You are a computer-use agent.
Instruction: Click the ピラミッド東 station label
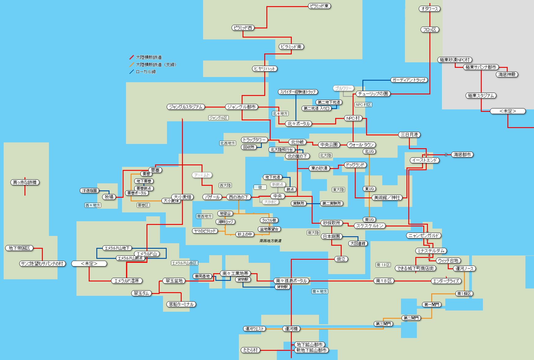click(x=319, y=6)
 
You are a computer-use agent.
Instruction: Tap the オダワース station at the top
click(x=429, y=9)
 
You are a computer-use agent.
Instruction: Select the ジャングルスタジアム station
click(x=186, y=107)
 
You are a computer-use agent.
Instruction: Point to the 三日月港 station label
click(x=410, y=134)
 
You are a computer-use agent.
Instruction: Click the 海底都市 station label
click(x=462, y=155)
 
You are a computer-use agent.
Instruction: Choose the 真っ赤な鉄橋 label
click(x=25, y=182)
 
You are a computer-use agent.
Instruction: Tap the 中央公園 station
click(x=329, y=145)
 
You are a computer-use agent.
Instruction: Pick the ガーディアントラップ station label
click(x=409, y=80)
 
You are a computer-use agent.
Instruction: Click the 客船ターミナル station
click(x=181, y=304)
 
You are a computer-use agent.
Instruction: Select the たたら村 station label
click(x=250, y=350)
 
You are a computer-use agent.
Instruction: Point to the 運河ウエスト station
click(x=255, y=329)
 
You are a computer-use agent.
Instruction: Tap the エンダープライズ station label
click(x=446, y=281)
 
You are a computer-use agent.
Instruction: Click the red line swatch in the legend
click(x=132, y=57)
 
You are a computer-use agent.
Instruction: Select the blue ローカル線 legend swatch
click(x=132, y=72)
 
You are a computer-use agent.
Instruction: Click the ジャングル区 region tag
click(x=218, y=118)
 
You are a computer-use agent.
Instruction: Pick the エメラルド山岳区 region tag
click(x=184, y=263)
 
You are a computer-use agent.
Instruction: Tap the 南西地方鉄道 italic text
click(x=270, y=241)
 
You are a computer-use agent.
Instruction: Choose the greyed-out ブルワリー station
click(x=343, y=88)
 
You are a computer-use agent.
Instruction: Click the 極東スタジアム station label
click(x=481, y=96)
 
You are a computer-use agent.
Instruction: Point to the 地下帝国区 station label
click(x=19, y=248)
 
